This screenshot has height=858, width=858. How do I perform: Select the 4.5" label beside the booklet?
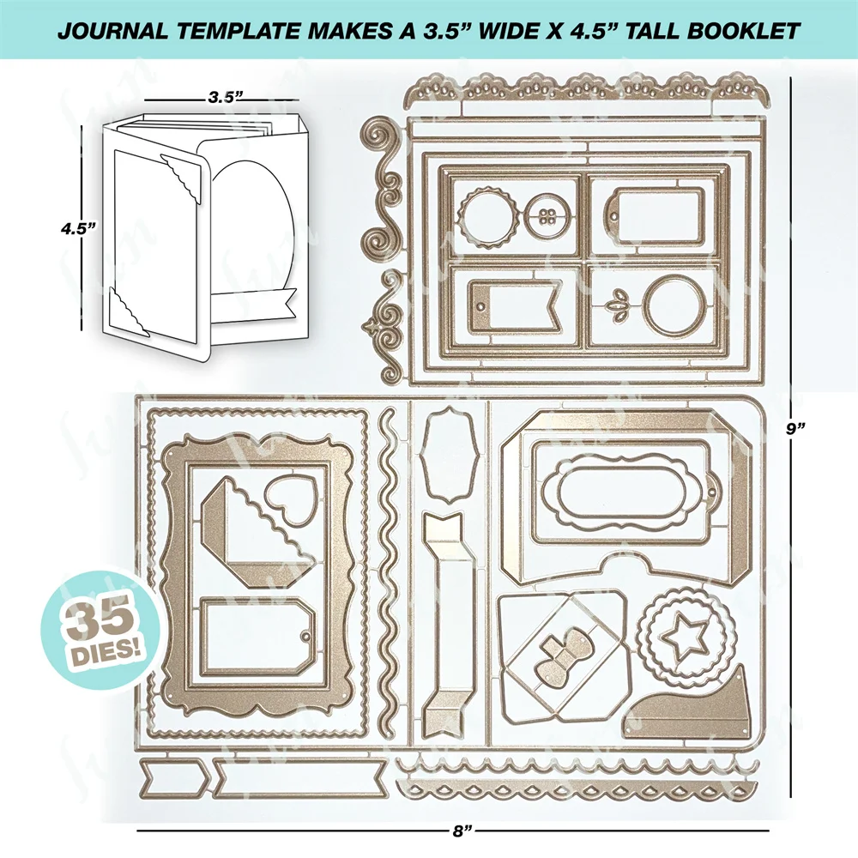[x=76, y=229]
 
